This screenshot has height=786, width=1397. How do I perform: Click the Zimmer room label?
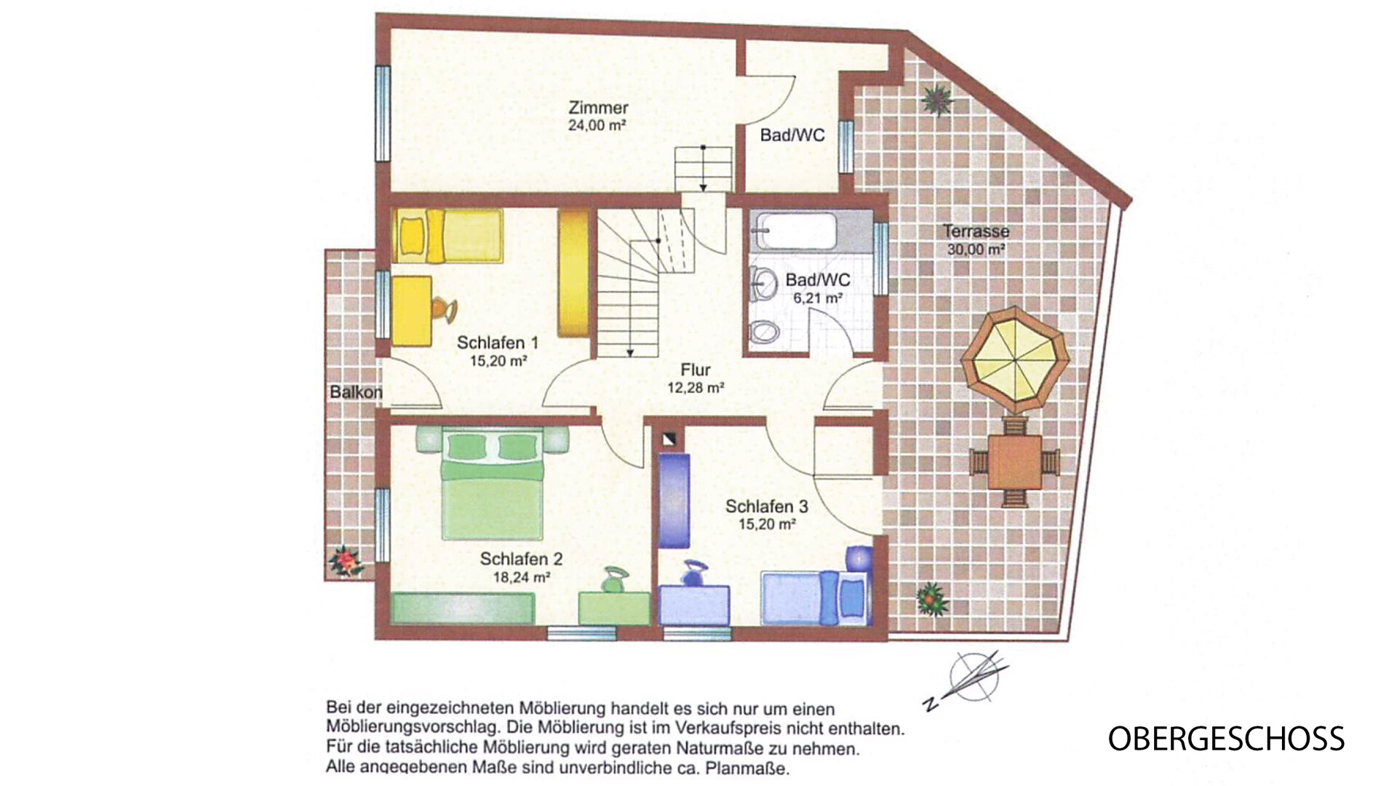598,108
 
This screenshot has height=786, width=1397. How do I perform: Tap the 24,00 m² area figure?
597,125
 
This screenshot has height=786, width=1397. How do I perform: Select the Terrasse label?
976,231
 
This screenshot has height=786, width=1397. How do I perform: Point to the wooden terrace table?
1014,461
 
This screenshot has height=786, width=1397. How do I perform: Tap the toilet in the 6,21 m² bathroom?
764,333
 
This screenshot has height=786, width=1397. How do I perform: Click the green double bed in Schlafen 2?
493,483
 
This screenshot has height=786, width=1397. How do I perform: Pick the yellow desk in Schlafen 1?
412,310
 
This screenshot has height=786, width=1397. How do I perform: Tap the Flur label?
696,370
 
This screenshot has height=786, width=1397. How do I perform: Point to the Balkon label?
356,392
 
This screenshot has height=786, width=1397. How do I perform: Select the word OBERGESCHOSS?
1226,739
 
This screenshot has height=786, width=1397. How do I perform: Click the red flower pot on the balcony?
345,560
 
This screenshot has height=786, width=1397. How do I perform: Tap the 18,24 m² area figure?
521,578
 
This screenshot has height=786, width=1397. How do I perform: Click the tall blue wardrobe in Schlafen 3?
674,501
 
